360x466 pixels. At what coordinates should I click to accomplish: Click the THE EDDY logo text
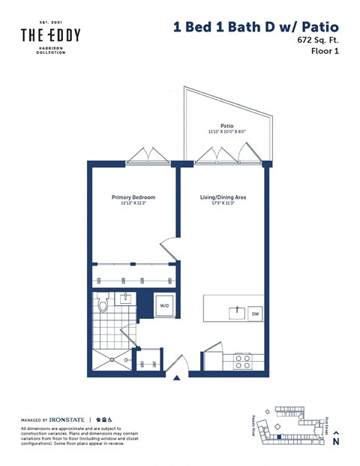click(49, 35)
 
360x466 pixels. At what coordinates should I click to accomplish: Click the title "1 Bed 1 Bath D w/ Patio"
click(255, 27)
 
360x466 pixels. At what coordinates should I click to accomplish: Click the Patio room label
click(227, 126)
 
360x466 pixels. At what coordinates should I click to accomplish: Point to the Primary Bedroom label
click(132, 197)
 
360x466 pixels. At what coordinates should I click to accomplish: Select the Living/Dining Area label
click(223, 197)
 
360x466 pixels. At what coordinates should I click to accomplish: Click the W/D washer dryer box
click(164, 305)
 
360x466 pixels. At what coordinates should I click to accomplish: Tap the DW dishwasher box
click(255, 314)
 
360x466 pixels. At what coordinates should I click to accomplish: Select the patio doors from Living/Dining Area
click(217, 155)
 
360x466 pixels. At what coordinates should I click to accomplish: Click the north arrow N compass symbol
click(335, 438)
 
